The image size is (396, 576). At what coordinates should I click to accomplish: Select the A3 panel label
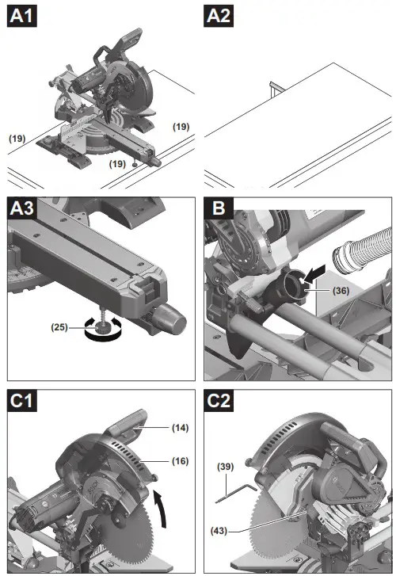[x=24, y=210]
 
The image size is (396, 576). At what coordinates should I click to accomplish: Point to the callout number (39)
[x=226, y=467]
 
